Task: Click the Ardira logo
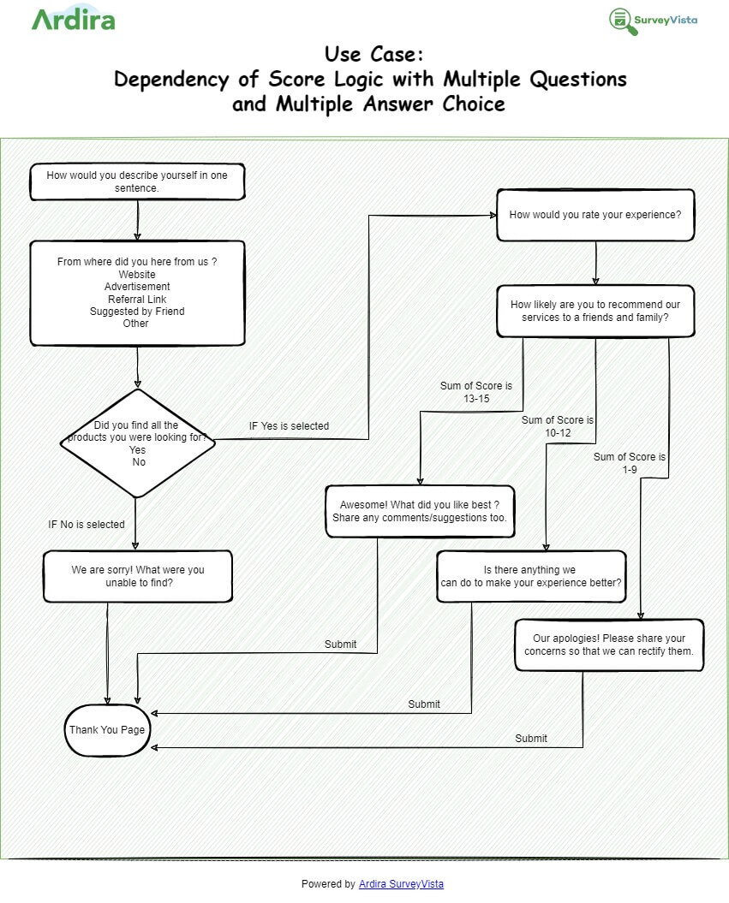coord(73,19)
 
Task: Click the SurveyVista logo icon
coord(624,21)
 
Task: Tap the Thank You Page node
coord(107,730)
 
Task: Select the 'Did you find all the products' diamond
coord(137,443)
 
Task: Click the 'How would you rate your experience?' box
coord(595,215)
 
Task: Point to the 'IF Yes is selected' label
coord(289,425)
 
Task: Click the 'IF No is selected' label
coord(87,524)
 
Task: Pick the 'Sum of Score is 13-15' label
coord(476,392)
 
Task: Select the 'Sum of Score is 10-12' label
coord(558,426)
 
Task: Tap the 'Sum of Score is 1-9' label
coord(630,463)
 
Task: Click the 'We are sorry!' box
coord(138,576)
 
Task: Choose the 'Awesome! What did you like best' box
coord(420,511)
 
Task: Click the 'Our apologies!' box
coord(609,645)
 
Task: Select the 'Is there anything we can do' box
coord(531,576)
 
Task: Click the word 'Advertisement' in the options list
coord(137,287)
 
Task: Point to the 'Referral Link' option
coord(137,299)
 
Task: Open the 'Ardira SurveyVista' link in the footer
coord(401,883)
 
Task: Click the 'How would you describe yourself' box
coord(137,181)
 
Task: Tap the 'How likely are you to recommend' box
coord(595,311)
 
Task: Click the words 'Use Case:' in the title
coord(373,55)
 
